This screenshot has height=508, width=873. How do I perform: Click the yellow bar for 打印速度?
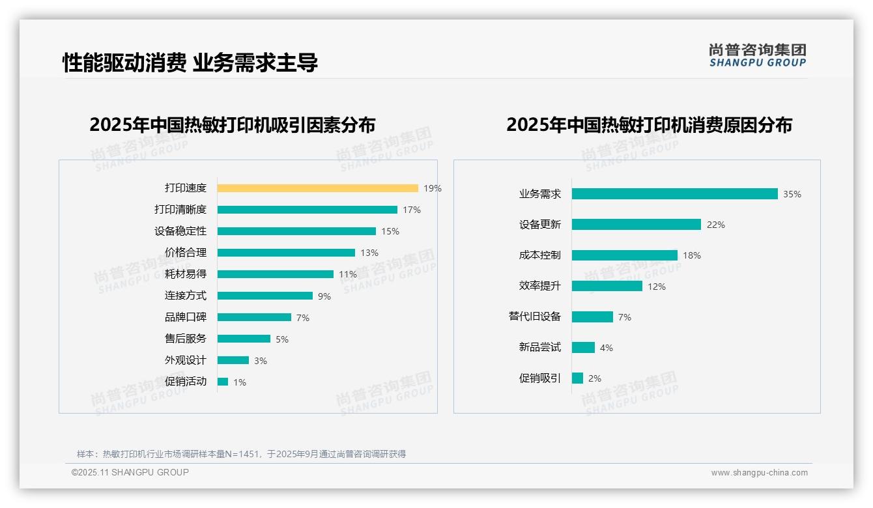pos(317,188)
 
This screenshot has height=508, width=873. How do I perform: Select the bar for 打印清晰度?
pos(307,210)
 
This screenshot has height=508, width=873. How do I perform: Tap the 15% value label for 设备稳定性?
pos(390,231)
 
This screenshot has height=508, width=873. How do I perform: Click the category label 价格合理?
pos(185,253)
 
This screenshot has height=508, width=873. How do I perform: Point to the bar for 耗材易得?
pos(275,274)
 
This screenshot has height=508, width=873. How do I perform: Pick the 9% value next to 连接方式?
pos(324,296)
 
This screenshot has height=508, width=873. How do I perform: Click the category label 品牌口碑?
pos(185,317)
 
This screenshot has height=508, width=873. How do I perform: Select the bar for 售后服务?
pos(244,339)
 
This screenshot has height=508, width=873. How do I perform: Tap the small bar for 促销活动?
pos(223,382)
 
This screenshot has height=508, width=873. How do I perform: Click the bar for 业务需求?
pos(674,194)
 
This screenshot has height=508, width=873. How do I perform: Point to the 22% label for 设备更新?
pos(715,225)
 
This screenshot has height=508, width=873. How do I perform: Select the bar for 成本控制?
pos(624,255)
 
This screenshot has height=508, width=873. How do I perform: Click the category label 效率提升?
pos(539,286)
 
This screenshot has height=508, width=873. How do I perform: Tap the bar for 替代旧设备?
pos(592,317)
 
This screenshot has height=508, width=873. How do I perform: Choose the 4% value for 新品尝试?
pos(606,348)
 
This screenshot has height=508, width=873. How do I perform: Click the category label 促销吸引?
pos(539,378)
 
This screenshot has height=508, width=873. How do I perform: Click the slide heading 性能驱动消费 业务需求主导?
pos(190,63)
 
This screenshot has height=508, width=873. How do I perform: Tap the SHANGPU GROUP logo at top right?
pos(757,55)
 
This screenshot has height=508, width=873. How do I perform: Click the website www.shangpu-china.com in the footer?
pos(759,473)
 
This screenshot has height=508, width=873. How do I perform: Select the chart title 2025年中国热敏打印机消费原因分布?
pos(649,125)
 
